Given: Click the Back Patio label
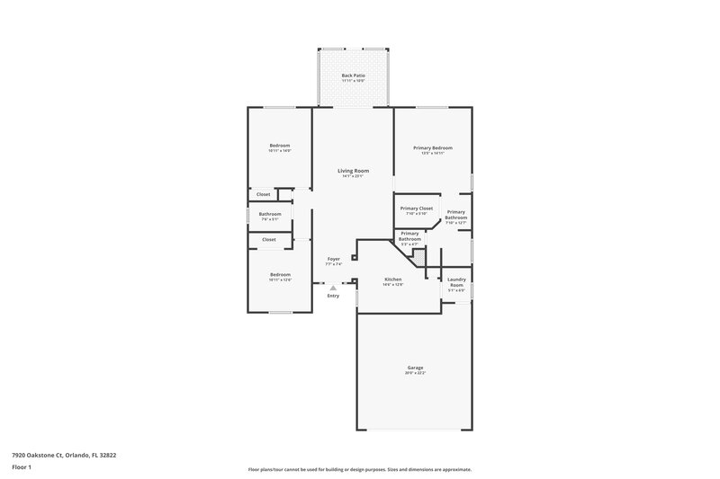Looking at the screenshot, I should coord(353,75).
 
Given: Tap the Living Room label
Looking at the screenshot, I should coord(353,171).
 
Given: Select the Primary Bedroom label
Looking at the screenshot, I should coord(432,148).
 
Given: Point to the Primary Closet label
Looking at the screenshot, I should coord(417,208).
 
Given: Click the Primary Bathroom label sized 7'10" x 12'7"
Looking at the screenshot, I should coord(456,215).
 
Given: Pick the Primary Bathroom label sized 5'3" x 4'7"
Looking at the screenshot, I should coord(410,236).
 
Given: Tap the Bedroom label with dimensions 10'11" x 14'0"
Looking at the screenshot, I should coord(280,146).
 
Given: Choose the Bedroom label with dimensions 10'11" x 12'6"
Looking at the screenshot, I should coord(280,274).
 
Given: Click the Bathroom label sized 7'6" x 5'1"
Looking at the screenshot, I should coord(271,214).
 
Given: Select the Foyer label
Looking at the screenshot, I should coord(333,259).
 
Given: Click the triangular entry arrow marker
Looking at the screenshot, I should coord(333,288).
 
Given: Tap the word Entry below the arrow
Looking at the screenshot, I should coord(333,296).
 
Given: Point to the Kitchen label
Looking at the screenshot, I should coord(393,279).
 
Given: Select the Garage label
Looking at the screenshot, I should coord(415,368).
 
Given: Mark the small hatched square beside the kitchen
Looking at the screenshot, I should coord(418,255).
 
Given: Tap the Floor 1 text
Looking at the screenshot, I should coord(22,468).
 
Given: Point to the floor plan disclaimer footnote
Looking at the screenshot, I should coord(359,469).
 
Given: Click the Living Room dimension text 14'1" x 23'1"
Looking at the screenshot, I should coord(353,176).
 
